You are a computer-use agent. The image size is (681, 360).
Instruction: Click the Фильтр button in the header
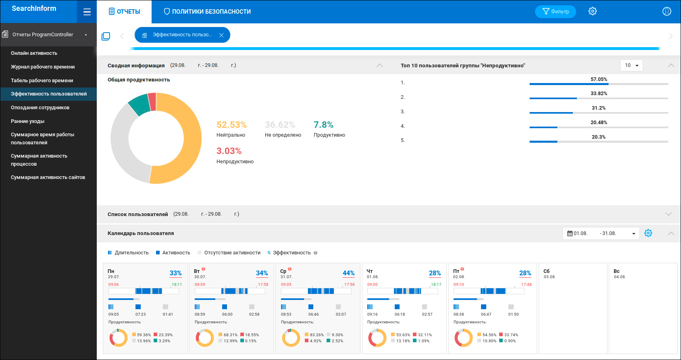coord(555,12)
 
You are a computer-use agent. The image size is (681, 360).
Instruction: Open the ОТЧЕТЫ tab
coord(125,12)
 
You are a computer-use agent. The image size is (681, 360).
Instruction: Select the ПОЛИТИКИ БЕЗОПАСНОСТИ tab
coord(207,12)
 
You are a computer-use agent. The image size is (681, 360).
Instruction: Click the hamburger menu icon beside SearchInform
coord(87,12)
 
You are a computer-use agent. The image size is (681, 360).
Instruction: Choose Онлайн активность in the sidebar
coord(34,53)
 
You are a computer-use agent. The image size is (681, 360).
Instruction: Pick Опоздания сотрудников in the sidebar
coord(40,108)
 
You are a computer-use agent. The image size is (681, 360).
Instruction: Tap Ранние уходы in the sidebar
coord(28,121)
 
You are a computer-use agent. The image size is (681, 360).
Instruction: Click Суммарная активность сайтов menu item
coord(48,177)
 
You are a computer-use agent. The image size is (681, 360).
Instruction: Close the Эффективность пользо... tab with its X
coord(221,35)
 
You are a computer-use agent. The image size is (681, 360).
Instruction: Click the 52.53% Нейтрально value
coord(231,125)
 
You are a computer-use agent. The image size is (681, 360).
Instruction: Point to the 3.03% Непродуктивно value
coord(229,151)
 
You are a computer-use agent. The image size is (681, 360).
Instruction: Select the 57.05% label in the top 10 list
coord(599,79)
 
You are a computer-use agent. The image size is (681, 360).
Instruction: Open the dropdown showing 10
coord(631,65)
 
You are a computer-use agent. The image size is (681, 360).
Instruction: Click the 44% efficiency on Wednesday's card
coord(348,273)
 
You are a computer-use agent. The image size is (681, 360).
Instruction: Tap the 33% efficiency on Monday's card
coord(175,273)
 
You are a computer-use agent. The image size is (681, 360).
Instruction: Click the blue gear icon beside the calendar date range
coord(648,233)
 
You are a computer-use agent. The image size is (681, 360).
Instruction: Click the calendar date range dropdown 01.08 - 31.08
coord(601,233)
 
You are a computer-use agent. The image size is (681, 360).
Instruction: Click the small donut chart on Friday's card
coord(464,338)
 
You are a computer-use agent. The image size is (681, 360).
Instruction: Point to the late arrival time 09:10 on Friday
coord(459,285)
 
